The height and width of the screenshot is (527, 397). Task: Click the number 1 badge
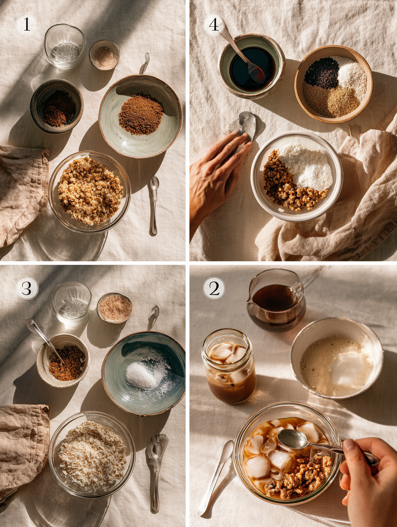click(x=27, y=25)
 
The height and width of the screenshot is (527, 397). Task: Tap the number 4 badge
click(x=213, y=25)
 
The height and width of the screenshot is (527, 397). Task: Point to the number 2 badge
click(x=214, y=288)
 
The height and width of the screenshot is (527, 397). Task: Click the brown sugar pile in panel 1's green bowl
click(x=141, y=114)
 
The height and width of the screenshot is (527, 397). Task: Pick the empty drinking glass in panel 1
click(x=65, y=46)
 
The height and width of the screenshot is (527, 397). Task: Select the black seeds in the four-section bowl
click(x=322, y=73)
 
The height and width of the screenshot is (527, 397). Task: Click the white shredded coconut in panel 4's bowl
click(x=308, y=165)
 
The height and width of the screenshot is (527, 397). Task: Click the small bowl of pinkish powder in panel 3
click(x=114, y=308)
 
